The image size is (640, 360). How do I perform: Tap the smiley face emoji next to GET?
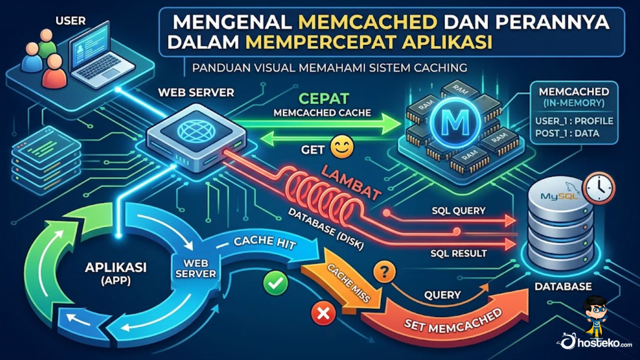click(342, 147)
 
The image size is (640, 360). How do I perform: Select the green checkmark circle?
click(275, 283)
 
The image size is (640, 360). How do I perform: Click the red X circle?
click(323, 313)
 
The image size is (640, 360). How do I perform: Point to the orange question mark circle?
click(385, 272)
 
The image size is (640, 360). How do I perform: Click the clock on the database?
click(599, 187)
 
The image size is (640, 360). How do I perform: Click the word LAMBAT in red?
click(351, 183)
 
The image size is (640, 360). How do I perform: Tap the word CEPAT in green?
click(324, 98)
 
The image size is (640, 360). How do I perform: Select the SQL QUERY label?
click(459, 211)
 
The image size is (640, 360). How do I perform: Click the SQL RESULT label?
click(458, 253)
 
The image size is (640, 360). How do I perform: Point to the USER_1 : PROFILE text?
click(574, 121)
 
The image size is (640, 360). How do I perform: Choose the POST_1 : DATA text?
click(567, 134)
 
